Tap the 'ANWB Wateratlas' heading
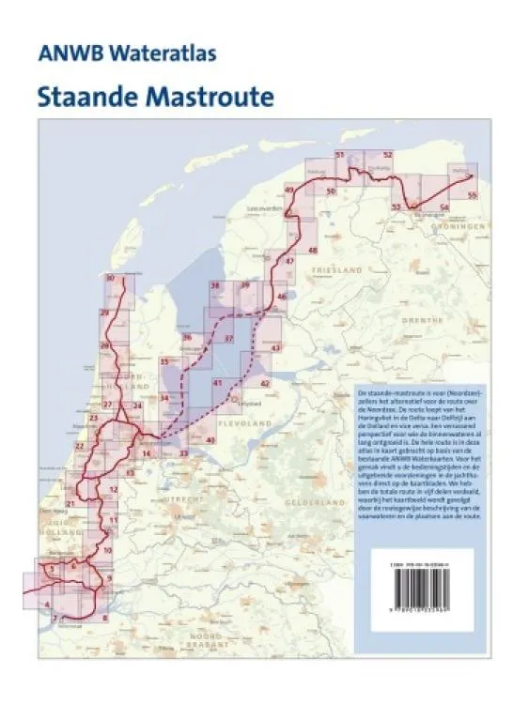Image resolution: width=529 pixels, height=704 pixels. click(128, 54)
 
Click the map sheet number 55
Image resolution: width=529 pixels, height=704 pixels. click(472, 194)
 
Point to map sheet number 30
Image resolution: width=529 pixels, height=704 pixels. click(112, 278)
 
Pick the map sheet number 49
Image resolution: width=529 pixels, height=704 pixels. click(288, 191)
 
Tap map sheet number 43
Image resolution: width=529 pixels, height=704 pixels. click(275, 347)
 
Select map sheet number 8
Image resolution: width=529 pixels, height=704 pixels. click(104, 618)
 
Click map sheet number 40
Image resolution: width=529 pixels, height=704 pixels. click(210, 439)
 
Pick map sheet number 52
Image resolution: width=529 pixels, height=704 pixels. click(386, 154)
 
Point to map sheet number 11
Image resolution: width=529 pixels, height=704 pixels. click(114, 519)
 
